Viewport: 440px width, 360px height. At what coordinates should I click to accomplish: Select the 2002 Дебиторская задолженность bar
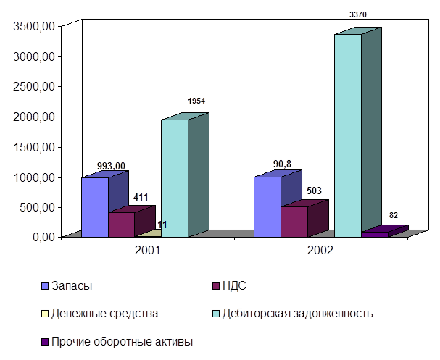click(347, 135)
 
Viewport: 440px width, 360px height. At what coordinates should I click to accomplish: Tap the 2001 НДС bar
click(122, 224)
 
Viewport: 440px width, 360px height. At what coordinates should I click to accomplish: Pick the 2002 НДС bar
click(294, 221)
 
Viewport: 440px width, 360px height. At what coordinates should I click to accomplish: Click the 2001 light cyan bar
click(175, 177)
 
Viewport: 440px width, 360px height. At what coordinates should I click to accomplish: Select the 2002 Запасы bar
click(267, 206)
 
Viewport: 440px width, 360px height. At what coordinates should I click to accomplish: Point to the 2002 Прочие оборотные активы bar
click(375, 234)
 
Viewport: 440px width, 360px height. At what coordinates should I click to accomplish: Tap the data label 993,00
click(111, 166)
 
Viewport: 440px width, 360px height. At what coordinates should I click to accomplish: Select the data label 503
click(314, 191)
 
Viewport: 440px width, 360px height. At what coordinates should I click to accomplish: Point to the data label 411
click(141, 196)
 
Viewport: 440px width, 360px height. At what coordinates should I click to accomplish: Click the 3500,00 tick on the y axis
click(36, 26)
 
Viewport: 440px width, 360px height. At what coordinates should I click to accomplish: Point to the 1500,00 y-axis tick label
click(36, 146)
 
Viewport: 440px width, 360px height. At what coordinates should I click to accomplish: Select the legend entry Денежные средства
click(104, 313)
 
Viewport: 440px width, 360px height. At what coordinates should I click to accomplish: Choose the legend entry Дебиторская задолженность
click(316, 313)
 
